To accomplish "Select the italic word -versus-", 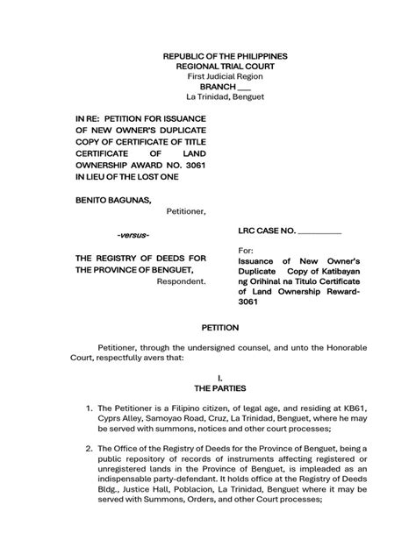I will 133,236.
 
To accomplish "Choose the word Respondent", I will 182,281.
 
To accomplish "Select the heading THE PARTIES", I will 219,387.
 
